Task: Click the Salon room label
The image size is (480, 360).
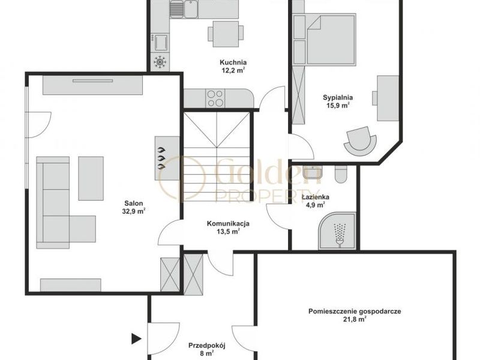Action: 133,203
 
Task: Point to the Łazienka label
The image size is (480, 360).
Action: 316,197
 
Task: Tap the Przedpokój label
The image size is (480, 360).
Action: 207,346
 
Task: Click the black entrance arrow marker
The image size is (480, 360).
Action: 136,339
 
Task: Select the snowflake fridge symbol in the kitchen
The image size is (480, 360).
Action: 160,62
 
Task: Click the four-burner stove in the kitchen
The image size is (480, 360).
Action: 215,98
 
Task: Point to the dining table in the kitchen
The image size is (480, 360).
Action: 226,34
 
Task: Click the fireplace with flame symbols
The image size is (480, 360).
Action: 167,158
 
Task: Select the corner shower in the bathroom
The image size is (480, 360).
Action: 337,230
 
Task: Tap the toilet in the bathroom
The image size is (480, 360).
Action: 341,174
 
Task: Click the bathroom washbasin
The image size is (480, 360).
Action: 312,173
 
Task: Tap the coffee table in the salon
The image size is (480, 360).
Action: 91,178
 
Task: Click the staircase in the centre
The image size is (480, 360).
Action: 217,157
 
